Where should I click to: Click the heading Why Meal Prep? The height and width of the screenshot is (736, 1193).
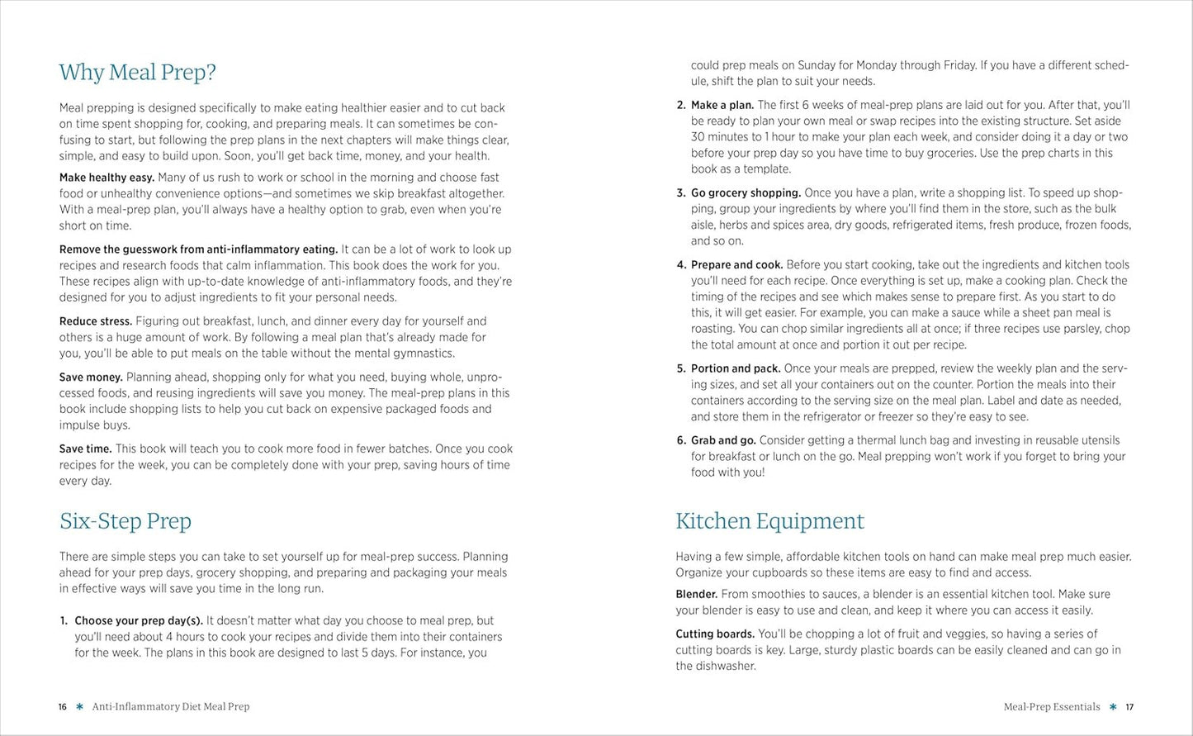point(137,73)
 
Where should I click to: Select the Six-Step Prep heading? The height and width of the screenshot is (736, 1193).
point(125,521)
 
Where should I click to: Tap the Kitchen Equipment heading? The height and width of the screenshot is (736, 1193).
point(769,521)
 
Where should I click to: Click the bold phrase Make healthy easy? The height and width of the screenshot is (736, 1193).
point(107,178)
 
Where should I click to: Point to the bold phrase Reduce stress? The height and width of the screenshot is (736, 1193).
point(96,321)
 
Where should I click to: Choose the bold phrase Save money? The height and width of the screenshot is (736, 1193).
point(91,377)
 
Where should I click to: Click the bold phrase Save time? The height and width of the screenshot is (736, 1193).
point(85,449)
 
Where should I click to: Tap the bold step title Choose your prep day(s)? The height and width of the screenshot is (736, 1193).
point(139,621)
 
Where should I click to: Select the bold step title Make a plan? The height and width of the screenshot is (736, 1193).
point(722,105)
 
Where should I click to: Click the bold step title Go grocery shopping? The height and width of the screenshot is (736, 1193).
point(746,193)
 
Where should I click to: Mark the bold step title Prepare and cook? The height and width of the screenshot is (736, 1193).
point(736,265)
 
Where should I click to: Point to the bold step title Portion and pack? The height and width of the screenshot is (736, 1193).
point(736,368)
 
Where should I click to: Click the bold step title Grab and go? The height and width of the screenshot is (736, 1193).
point(723,440)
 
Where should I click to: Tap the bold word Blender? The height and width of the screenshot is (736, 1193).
point(696,595)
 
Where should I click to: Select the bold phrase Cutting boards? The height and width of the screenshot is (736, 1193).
point(715,634)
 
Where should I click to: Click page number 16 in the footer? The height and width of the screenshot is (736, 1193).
point(63,707)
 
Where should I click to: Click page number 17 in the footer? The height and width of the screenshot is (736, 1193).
point(1129,707)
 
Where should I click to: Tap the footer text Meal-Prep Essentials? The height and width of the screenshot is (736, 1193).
point(1052,707)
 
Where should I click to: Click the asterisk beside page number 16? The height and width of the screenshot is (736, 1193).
point(79,707)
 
